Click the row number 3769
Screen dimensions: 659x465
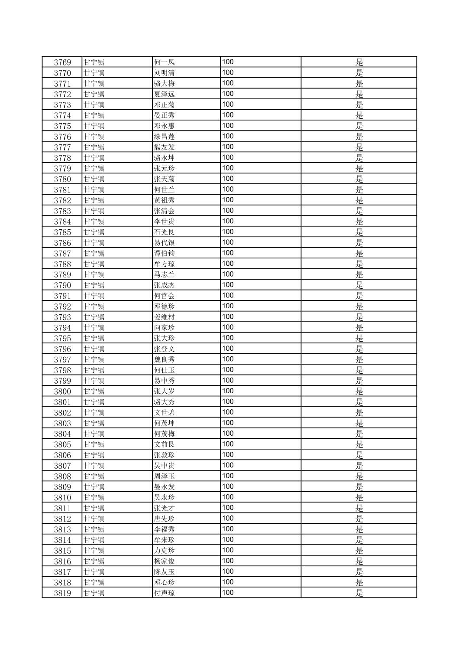tap(62, 62)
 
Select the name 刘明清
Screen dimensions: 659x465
tap(165, 73)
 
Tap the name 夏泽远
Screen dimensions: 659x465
tap(165, 94)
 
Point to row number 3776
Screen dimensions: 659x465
tap(62, 137)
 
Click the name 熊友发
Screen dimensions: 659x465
tap(165, 147)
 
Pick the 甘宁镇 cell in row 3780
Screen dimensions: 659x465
tap(94, 179)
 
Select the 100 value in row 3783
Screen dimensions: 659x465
tap(228, 211)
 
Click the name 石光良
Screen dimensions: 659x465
tap(165, 232)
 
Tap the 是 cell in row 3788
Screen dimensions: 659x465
tap(359, 264)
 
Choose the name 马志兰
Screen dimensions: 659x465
tap(165, 274)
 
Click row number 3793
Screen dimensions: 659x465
tap(62, 317)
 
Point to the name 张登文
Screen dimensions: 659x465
tap(165, 349)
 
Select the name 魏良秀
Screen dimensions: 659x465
tap(165, 359)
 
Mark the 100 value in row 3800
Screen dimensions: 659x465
tap(228, 391)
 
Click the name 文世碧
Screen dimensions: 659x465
tap(165, 412)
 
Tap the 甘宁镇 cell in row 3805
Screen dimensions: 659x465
tap(94, 444)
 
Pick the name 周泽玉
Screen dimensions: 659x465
tap(165, 476)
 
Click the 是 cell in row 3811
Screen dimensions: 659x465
tap(359, 508)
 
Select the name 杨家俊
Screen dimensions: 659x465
tap(165, 561)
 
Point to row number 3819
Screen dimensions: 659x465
tap(62, 593)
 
